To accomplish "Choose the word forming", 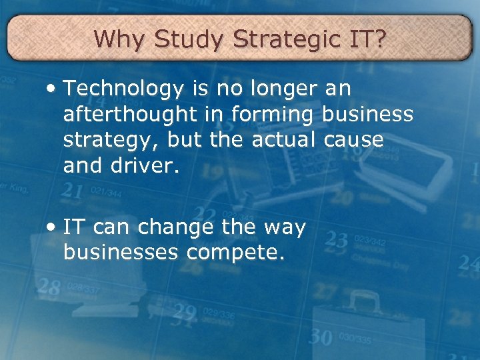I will coord(271,115).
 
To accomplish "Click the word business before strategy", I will coord(367,115).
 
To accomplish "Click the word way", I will coord(285,229).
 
